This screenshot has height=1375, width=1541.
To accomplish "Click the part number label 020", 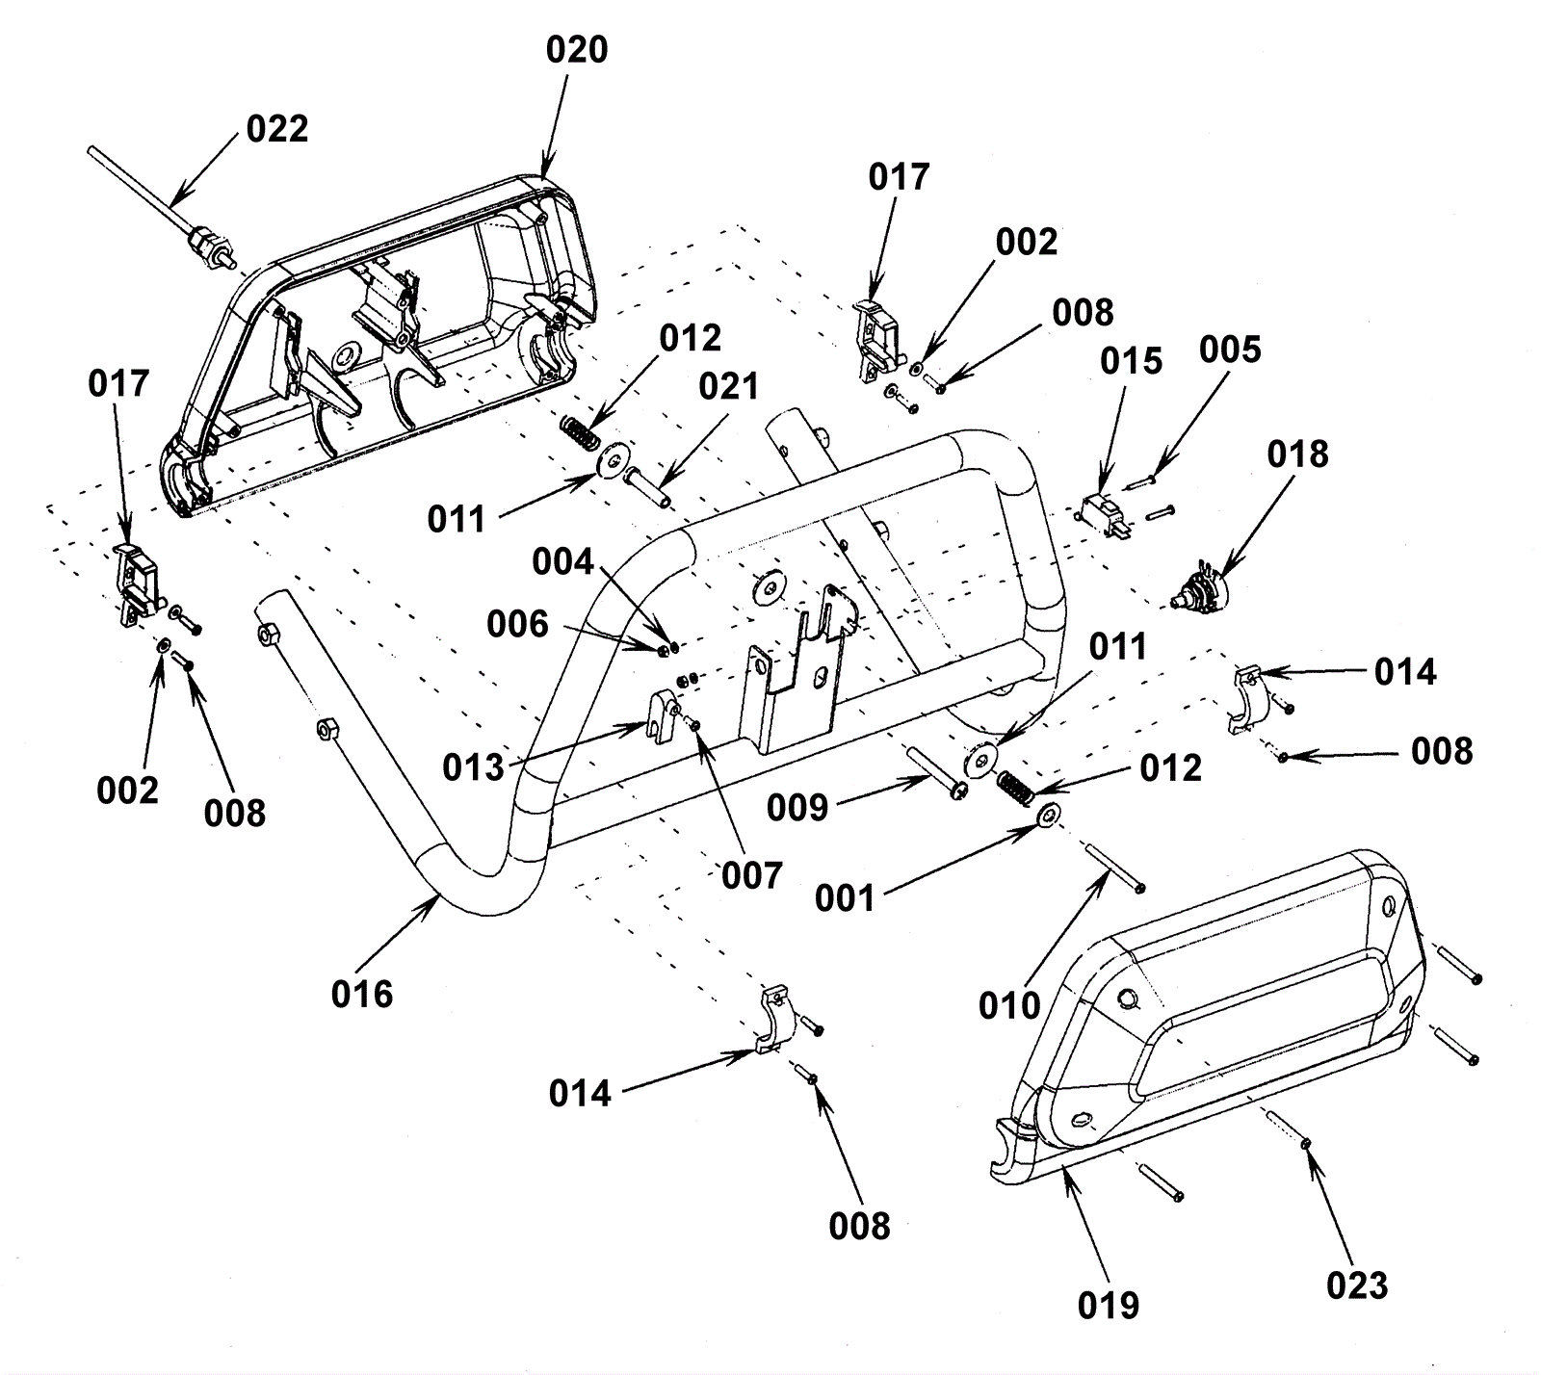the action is [577, 50].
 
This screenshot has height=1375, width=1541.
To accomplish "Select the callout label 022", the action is [277, 129].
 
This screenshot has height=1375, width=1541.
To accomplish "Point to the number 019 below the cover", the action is [1109, 1306].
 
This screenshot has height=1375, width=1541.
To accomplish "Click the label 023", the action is [1357, 1285].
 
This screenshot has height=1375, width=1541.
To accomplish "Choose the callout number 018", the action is [1297, 454].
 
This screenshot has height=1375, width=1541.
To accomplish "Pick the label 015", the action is [1132, 361].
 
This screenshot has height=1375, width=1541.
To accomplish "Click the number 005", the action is [1230, 350].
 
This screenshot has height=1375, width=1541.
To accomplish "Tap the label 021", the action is [729, 387].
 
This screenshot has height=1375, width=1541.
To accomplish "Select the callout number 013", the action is [474, 767].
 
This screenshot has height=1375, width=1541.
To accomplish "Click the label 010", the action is [1010, 1006].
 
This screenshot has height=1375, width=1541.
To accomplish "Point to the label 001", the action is [846, 898].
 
